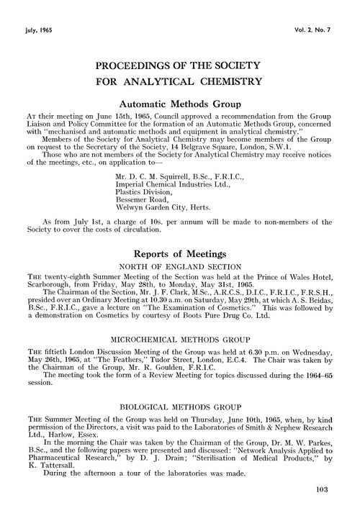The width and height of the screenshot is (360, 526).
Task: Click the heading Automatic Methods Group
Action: (180, 106)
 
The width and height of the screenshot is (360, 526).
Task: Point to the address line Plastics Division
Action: (145, 194)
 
